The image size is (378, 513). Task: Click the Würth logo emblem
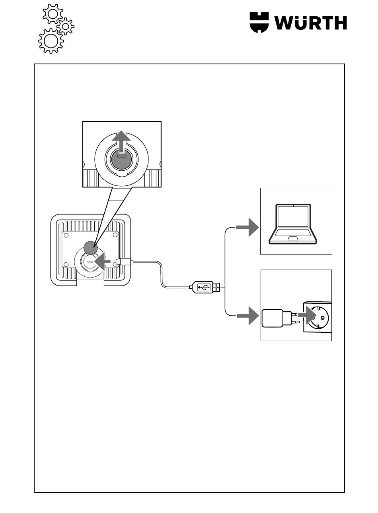pos(259,23)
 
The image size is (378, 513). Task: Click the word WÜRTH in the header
pos(311,23)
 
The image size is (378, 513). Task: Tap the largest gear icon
pos(51,41)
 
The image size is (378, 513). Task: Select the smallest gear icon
pos(66,26)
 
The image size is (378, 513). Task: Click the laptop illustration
pos(293,224)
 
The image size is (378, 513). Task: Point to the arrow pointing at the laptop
pos(247,227)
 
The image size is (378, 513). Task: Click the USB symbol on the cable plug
pos(204,287)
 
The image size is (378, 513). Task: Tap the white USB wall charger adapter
pos(277,318)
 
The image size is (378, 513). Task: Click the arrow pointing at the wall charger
pos(248,316)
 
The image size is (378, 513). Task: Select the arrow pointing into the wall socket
pos(307,315)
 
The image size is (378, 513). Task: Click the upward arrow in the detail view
pos(121,141)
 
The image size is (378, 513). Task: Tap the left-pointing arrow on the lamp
pos(102,261)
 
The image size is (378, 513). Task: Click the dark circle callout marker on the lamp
pos(90,247)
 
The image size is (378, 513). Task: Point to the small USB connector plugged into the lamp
pos(123,262)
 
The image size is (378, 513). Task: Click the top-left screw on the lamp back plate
pos(66,235)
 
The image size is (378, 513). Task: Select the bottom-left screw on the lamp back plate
pos(66,265)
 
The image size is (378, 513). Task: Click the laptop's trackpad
pos(293,238)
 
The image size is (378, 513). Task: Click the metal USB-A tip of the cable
pos(217,287)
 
